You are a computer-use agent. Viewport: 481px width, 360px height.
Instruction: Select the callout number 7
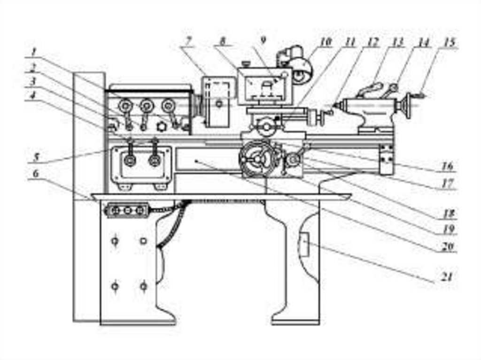coord(188,41)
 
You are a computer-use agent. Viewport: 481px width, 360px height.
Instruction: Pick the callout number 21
coord(447,276)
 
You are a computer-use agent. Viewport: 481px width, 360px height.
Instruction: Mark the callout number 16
coord(447,166)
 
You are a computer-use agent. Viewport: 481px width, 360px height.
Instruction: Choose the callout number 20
coord(447,246)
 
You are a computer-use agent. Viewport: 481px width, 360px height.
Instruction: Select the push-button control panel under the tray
coord(127,211)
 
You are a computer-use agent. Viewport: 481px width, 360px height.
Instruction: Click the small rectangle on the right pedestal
coord(303,245)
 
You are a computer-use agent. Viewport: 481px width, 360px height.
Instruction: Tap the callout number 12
coord(373,42)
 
